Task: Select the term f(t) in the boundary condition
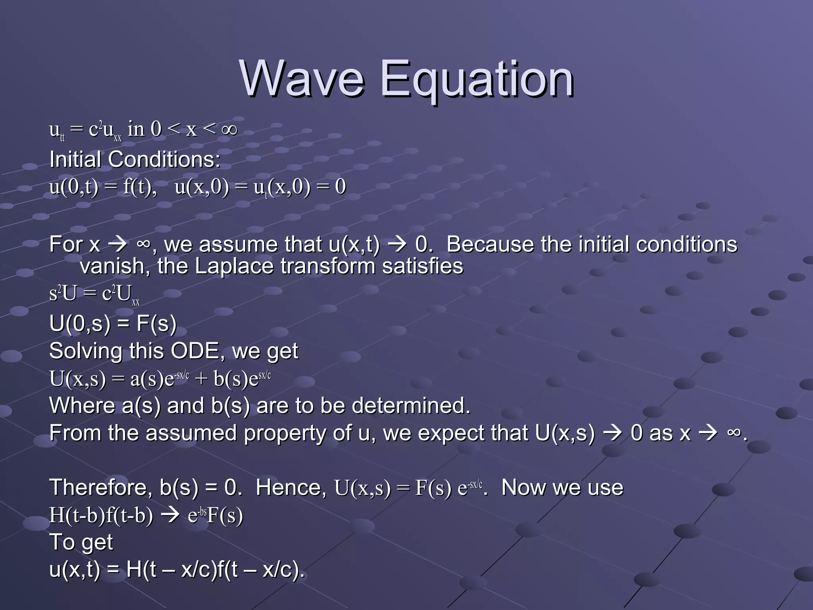tap(139, 187)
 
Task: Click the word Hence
tap(290, 487)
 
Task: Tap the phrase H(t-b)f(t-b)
tap(101, 515)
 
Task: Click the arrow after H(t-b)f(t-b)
tap(170, 515)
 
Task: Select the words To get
tap(81, 542)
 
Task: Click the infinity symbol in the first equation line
tap(229, 129)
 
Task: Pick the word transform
tap(328, 266)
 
